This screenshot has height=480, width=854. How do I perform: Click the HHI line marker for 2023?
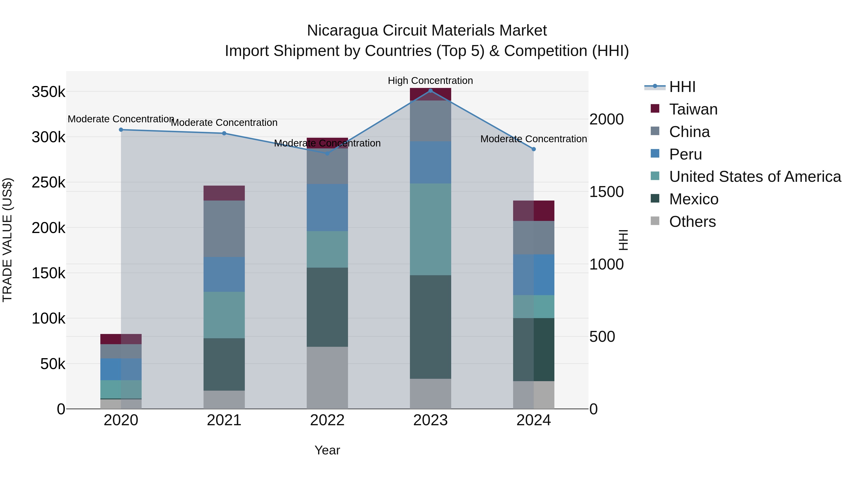(x=430, y=91)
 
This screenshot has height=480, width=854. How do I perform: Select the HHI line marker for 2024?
(x=534, y=149)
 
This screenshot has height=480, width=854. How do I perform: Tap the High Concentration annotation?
(x=430, y=81)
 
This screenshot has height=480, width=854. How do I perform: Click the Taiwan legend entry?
(x=693, y=109)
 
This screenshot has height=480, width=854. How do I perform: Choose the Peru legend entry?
(x=685, y=154)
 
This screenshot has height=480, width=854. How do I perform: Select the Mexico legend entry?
(x=694, y=199)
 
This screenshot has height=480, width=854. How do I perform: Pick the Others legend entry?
(x=692, y=222)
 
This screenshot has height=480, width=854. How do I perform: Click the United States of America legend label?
(x=755, y=177)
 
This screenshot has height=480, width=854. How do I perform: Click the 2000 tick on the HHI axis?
(x=606, y=120)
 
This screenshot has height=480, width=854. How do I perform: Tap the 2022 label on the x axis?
(x=327, y=420)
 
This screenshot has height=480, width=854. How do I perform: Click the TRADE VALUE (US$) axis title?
(x=7, y=240)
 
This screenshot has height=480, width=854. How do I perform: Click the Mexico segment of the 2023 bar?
(x=430, y=327)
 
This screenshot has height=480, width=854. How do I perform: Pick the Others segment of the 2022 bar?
(x=327, y=378)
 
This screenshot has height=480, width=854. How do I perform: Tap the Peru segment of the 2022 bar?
(x=327, y=207)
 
